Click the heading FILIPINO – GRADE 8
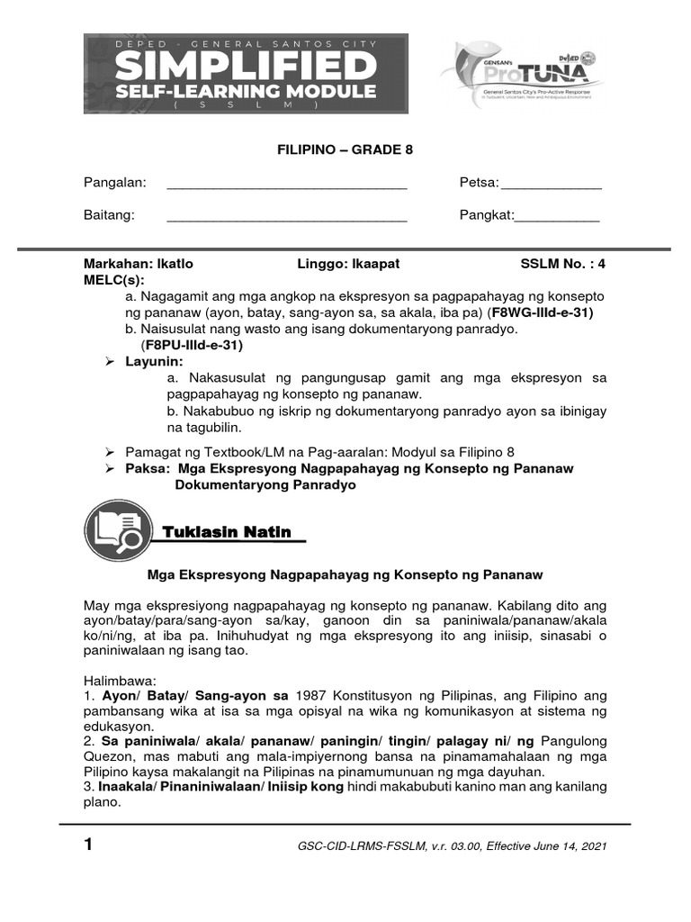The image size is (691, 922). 345,150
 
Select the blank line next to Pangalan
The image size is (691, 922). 287,185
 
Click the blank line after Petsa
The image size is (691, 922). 551,185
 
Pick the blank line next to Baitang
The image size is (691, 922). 287,217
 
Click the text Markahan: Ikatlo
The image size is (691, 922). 138,264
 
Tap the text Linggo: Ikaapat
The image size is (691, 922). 348,264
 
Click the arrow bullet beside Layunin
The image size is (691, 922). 111,361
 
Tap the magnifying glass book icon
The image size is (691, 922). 113,532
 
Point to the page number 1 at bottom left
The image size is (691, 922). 88,845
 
